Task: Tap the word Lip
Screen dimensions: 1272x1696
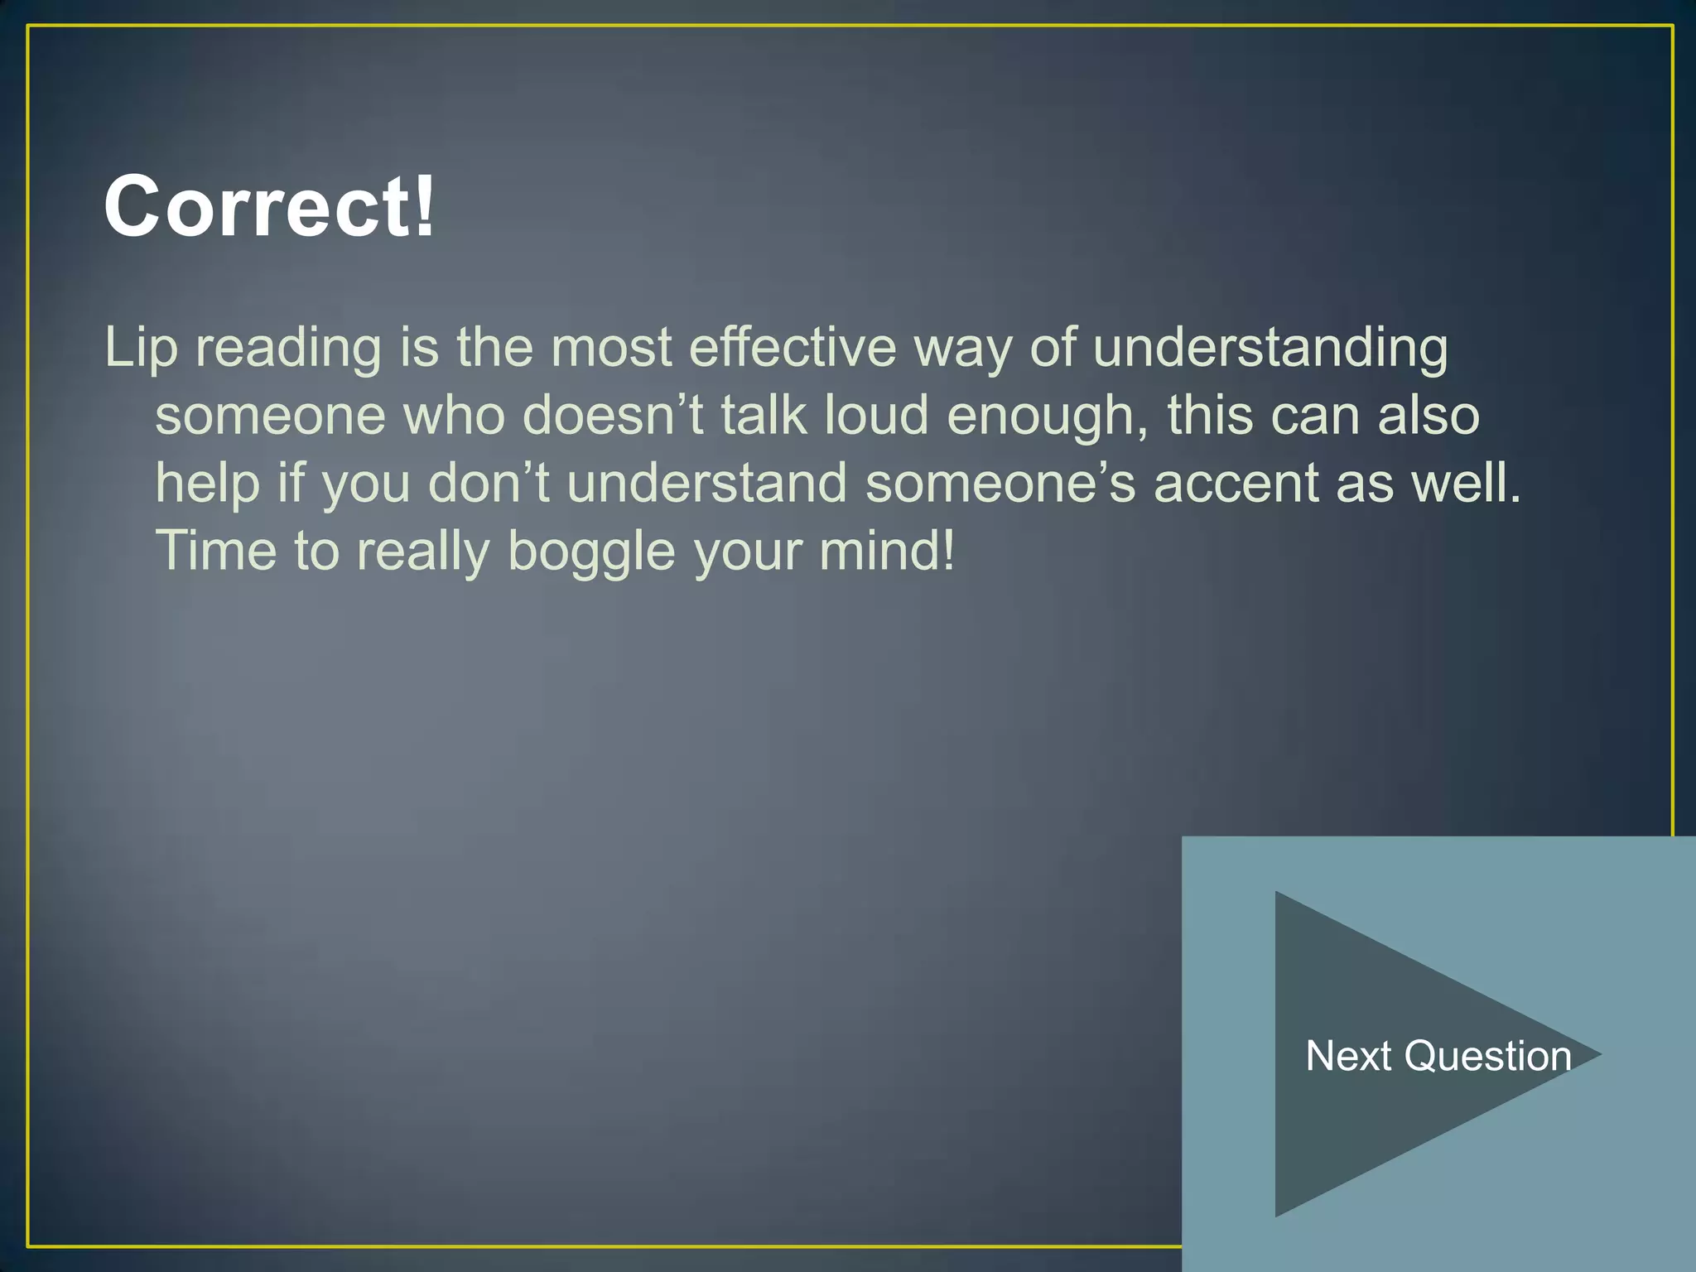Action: [141, 348]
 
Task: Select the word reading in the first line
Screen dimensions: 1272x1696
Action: [288, 348]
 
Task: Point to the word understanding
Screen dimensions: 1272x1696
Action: [1270, 348]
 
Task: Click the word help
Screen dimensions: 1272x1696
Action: [208, 484]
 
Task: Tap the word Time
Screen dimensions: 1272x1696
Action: [215, 551]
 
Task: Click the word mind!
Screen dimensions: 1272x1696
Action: [887, 551]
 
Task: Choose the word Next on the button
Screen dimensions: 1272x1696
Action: [1348, 1056]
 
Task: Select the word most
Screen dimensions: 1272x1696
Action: [610, 348]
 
